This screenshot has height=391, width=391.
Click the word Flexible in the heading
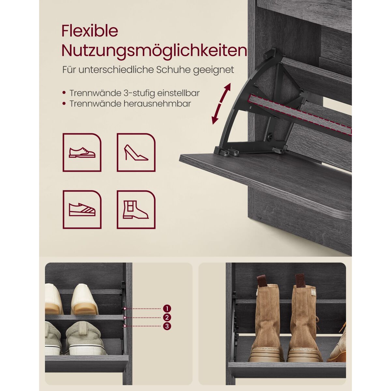point(90,31)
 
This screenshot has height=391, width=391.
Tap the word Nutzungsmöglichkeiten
point(154,51)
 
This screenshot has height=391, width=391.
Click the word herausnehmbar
point(157,104)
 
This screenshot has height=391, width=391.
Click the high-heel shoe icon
point(136,152)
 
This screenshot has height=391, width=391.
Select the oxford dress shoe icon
point(82,152)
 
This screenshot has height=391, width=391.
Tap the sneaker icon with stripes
point(82,210)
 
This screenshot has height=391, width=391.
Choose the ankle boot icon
point(136,210)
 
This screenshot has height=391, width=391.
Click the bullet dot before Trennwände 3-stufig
point(64,93)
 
